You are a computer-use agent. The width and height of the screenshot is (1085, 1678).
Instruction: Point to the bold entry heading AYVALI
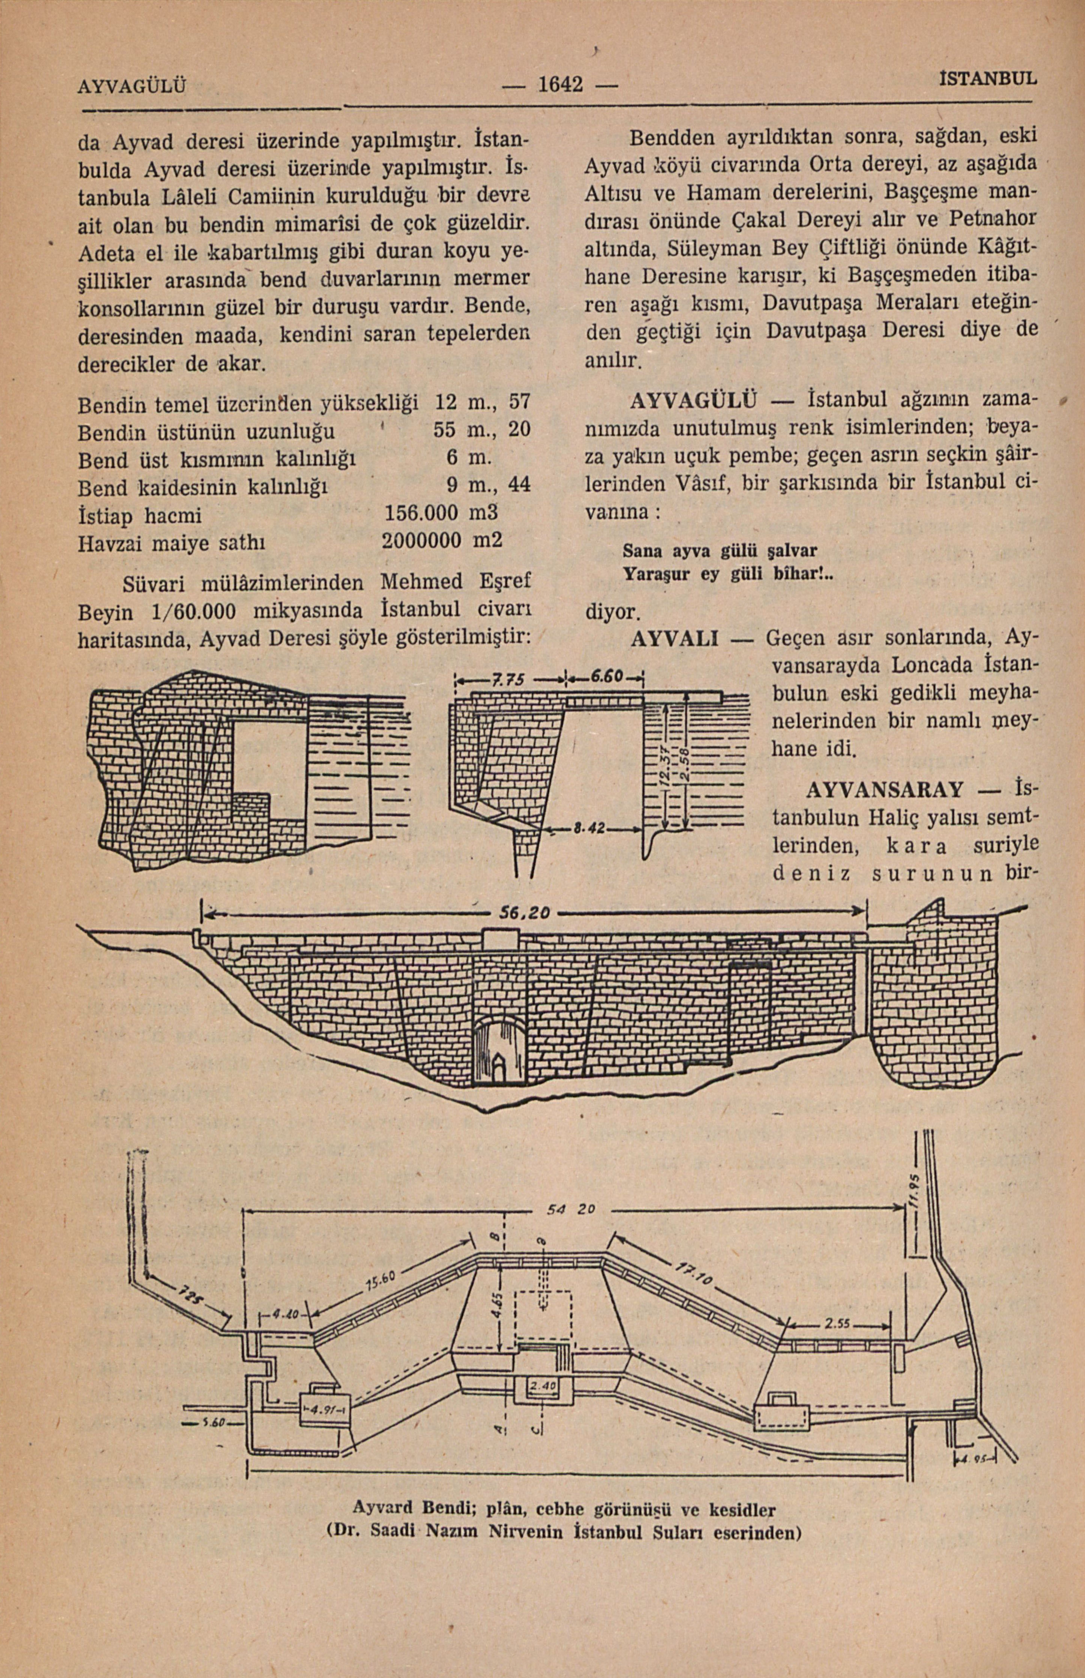pyautogui.click(x=674, y=639)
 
